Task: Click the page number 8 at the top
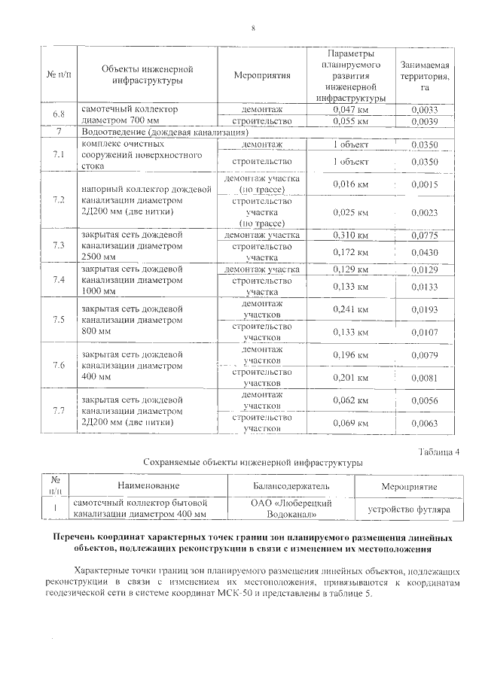coord(254,28)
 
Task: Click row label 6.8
coord(58,114)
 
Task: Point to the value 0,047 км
coord(350,110)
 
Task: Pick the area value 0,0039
coord(425,120)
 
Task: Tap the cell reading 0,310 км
coord(350,236)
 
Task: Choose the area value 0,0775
coord(425,236)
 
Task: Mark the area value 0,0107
coord(425,332)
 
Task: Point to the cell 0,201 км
coord(350,377)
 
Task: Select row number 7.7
coord(58,412)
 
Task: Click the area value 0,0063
coord(425,424)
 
